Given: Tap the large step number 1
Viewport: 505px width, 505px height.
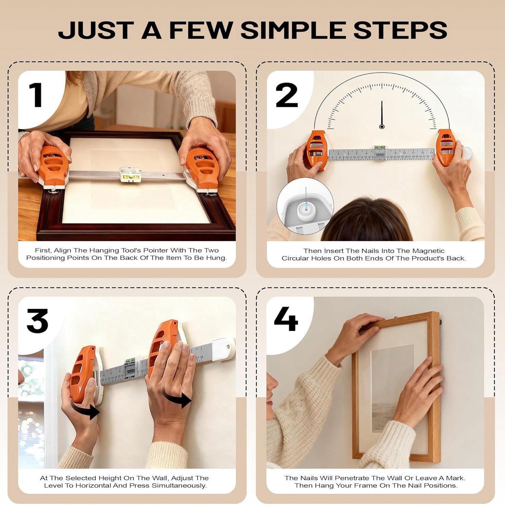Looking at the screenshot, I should click(x=36, y=95).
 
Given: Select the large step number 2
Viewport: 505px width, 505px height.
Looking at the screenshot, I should click(x=287, y=95).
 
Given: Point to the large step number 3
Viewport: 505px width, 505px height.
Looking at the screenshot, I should click(x=37, y=321).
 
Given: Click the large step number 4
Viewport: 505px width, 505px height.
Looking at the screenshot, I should click(x=286, y=319).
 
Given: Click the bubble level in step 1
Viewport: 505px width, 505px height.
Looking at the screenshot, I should click(x=130, y=175).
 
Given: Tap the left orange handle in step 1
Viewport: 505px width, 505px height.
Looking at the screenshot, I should click(x=53, y=166).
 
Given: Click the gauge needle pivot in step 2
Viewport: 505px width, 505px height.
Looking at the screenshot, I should click(x=382, y=127).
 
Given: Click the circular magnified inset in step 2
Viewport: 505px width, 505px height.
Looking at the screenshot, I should click(x=305, y=206).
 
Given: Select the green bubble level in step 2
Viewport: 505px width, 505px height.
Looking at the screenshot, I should click(x=379, y=148).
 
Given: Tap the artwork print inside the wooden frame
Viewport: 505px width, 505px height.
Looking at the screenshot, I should click(x=392, y=387).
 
